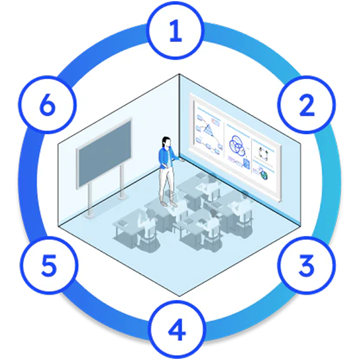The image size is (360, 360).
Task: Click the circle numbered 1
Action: (175, 32)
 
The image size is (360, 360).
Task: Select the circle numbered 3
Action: (307, 264)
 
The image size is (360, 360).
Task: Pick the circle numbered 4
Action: (175, 329)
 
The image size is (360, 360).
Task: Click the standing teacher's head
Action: (166, 143)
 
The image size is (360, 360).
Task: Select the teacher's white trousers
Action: (164, 186)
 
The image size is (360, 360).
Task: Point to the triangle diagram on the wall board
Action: (208, 127)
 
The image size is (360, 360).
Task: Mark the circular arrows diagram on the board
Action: (263, 152)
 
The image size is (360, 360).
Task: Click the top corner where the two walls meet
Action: (179, 74)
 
